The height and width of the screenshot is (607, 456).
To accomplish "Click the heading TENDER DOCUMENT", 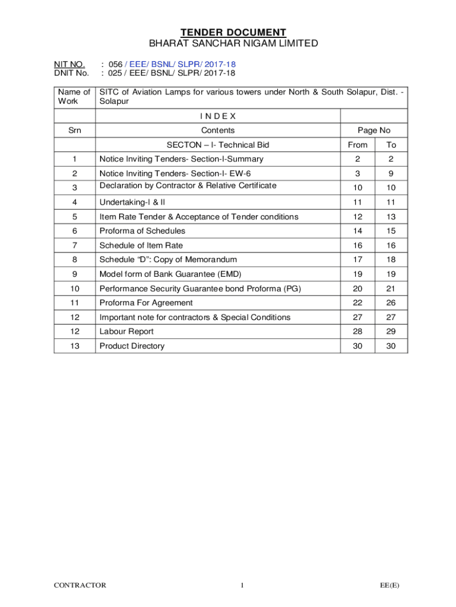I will pos(233,33).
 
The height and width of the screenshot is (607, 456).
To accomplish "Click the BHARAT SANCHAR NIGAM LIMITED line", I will pos(233,43).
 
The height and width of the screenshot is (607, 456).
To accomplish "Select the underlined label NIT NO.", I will pos(69,63).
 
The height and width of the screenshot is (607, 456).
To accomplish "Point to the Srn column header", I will pos(75,130).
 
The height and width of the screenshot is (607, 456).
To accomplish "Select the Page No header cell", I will pos(374,130).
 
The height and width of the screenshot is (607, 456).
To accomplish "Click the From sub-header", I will pos(357,145).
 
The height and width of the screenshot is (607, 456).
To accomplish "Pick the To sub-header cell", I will pos(391,145).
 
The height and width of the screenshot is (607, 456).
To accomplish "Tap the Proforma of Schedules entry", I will pos(142,231).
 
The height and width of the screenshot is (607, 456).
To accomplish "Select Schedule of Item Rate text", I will pos(141,245).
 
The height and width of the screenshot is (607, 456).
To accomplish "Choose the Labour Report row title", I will pos(126,331).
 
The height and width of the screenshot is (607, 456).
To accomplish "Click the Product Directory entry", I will pos(132,346).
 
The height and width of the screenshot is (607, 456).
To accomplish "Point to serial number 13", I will pos(75,346).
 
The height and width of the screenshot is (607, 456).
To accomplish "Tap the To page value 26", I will pos(391,303).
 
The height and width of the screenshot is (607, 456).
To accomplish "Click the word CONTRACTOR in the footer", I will pos(80,586).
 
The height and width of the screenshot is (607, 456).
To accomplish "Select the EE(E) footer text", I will pos(390,586).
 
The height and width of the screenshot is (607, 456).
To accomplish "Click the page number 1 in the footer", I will pos(242,586).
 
